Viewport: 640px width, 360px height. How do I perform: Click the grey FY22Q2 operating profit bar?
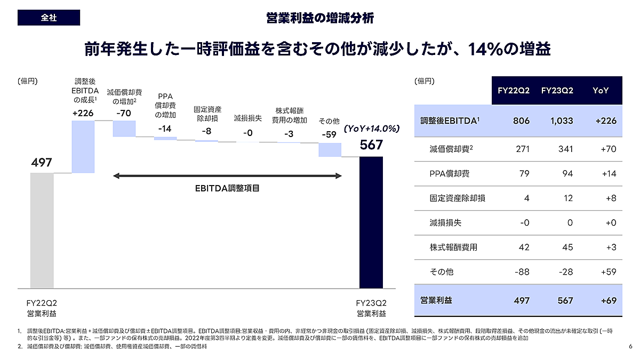point(42,230)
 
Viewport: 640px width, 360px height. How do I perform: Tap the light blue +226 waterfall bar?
point(83,147)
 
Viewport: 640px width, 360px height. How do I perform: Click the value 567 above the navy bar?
point(371,145)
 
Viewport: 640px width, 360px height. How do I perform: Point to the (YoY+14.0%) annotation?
point(372,129)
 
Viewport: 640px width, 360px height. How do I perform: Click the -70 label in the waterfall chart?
point(123,114)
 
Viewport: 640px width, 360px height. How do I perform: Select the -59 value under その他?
point(329,134)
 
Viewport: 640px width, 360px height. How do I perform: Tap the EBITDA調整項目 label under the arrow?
point(227,188)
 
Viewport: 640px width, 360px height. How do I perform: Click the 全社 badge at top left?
point(49,18)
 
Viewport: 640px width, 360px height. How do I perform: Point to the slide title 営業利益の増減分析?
point(320,18)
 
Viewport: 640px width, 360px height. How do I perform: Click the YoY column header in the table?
point(601,91)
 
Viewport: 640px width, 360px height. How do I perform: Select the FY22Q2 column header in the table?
point(514,91)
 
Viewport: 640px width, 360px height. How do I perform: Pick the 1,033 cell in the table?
point(562,121)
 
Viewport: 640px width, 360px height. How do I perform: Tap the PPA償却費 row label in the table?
point(450,173)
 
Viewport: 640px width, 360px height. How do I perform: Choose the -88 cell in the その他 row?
point(522,272)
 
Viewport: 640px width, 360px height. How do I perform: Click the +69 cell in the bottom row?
point(607,301)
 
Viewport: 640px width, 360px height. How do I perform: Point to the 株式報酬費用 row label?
point(453,247)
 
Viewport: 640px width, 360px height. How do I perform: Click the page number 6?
point(630,347)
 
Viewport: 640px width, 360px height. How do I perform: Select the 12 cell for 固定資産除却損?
point(568,198)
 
